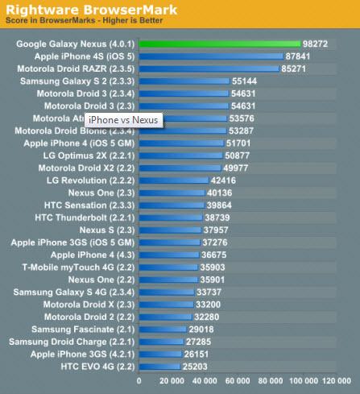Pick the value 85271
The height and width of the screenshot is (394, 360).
(x=293, y=69)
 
